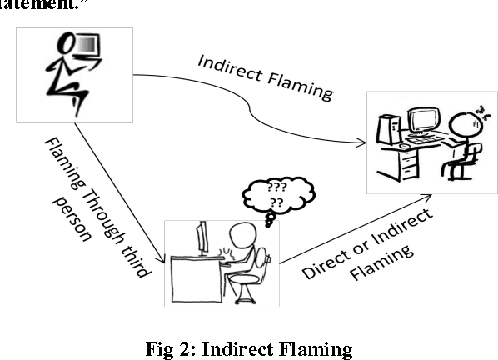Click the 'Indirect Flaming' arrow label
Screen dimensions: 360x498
(265, 78)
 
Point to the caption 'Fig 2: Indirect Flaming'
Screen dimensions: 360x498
(250, 347)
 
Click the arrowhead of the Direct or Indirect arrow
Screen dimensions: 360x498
(428, 196)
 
